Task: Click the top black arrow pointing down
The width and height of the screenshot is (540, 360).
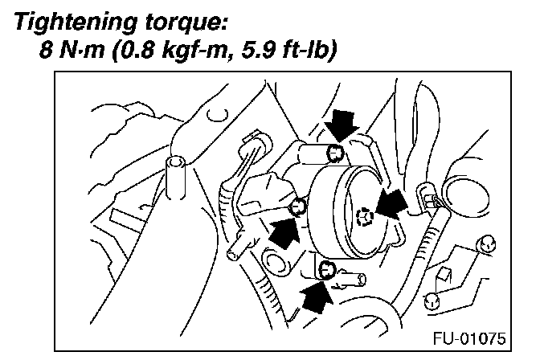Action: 344,125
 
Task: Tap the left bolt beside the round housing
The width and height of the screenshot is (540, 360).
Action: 297,206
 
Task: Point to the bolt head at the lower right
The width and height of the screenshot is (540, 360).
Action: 432,301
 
